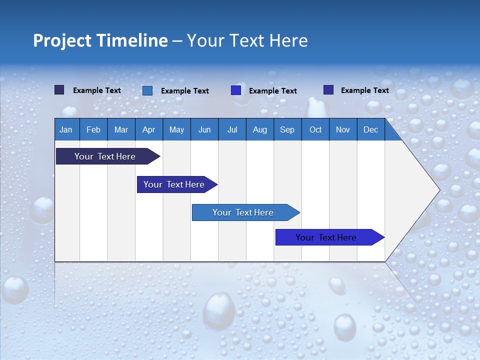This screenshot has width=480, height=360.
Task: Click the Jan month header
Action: click(x=66, y=129)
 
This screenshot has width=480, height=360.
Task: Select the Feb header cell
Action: click(x=93, y=129)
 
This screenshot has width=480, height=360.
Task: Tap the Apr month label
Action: click(x=148, y=129)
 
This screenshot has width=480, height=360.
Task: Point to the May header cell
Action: click(x=176, y=129)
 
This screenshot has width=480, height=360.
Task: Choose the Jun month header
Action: click(x=204, y=129)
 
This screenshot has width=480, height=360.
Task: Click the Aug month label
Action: click(x=259, y=129)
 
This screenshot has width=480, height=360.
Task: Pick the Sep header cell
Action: click(x=287, y=129)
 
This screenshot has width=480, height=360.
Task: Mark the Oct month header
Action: click(x=315, y=129)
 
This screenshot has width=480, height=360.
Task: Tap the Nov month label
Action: click(x=343, y=129)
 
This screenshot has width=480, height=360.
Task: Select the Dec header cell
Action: click(x=370, y=129)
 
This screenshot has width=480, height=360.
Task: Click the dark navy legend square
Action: click(x=59, y=90)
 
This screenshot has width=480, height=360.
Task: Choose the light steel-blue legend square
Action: click(x=147, y=90)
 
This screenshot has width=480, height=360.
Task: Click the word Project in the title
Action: click(x=61, y=40)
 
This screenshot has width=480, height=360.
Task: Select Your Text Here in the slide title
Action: click(x=247, y=40)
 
